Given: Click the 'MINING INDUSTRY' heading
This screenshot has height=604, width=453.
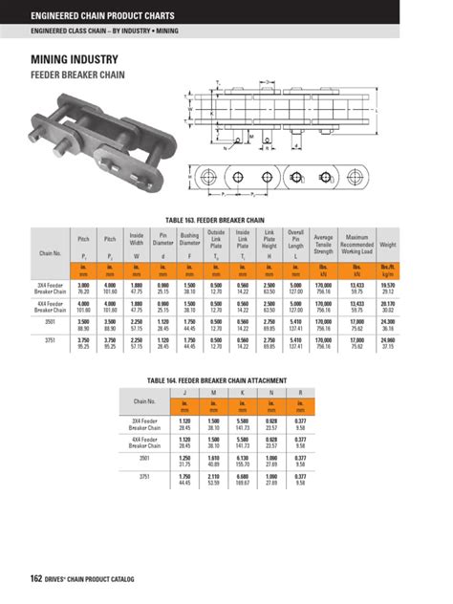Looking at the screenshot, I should click(74, 58).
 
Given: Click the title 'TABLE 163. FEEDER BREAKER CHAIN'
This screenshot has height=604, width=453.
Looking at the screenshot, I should click(226, 219).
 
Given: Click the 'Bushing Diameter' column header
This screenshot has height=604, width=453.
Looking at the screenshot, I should click(189, 240).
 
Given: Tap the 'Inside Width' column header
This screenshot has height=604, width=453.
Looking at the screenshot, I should click(137, 240).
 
